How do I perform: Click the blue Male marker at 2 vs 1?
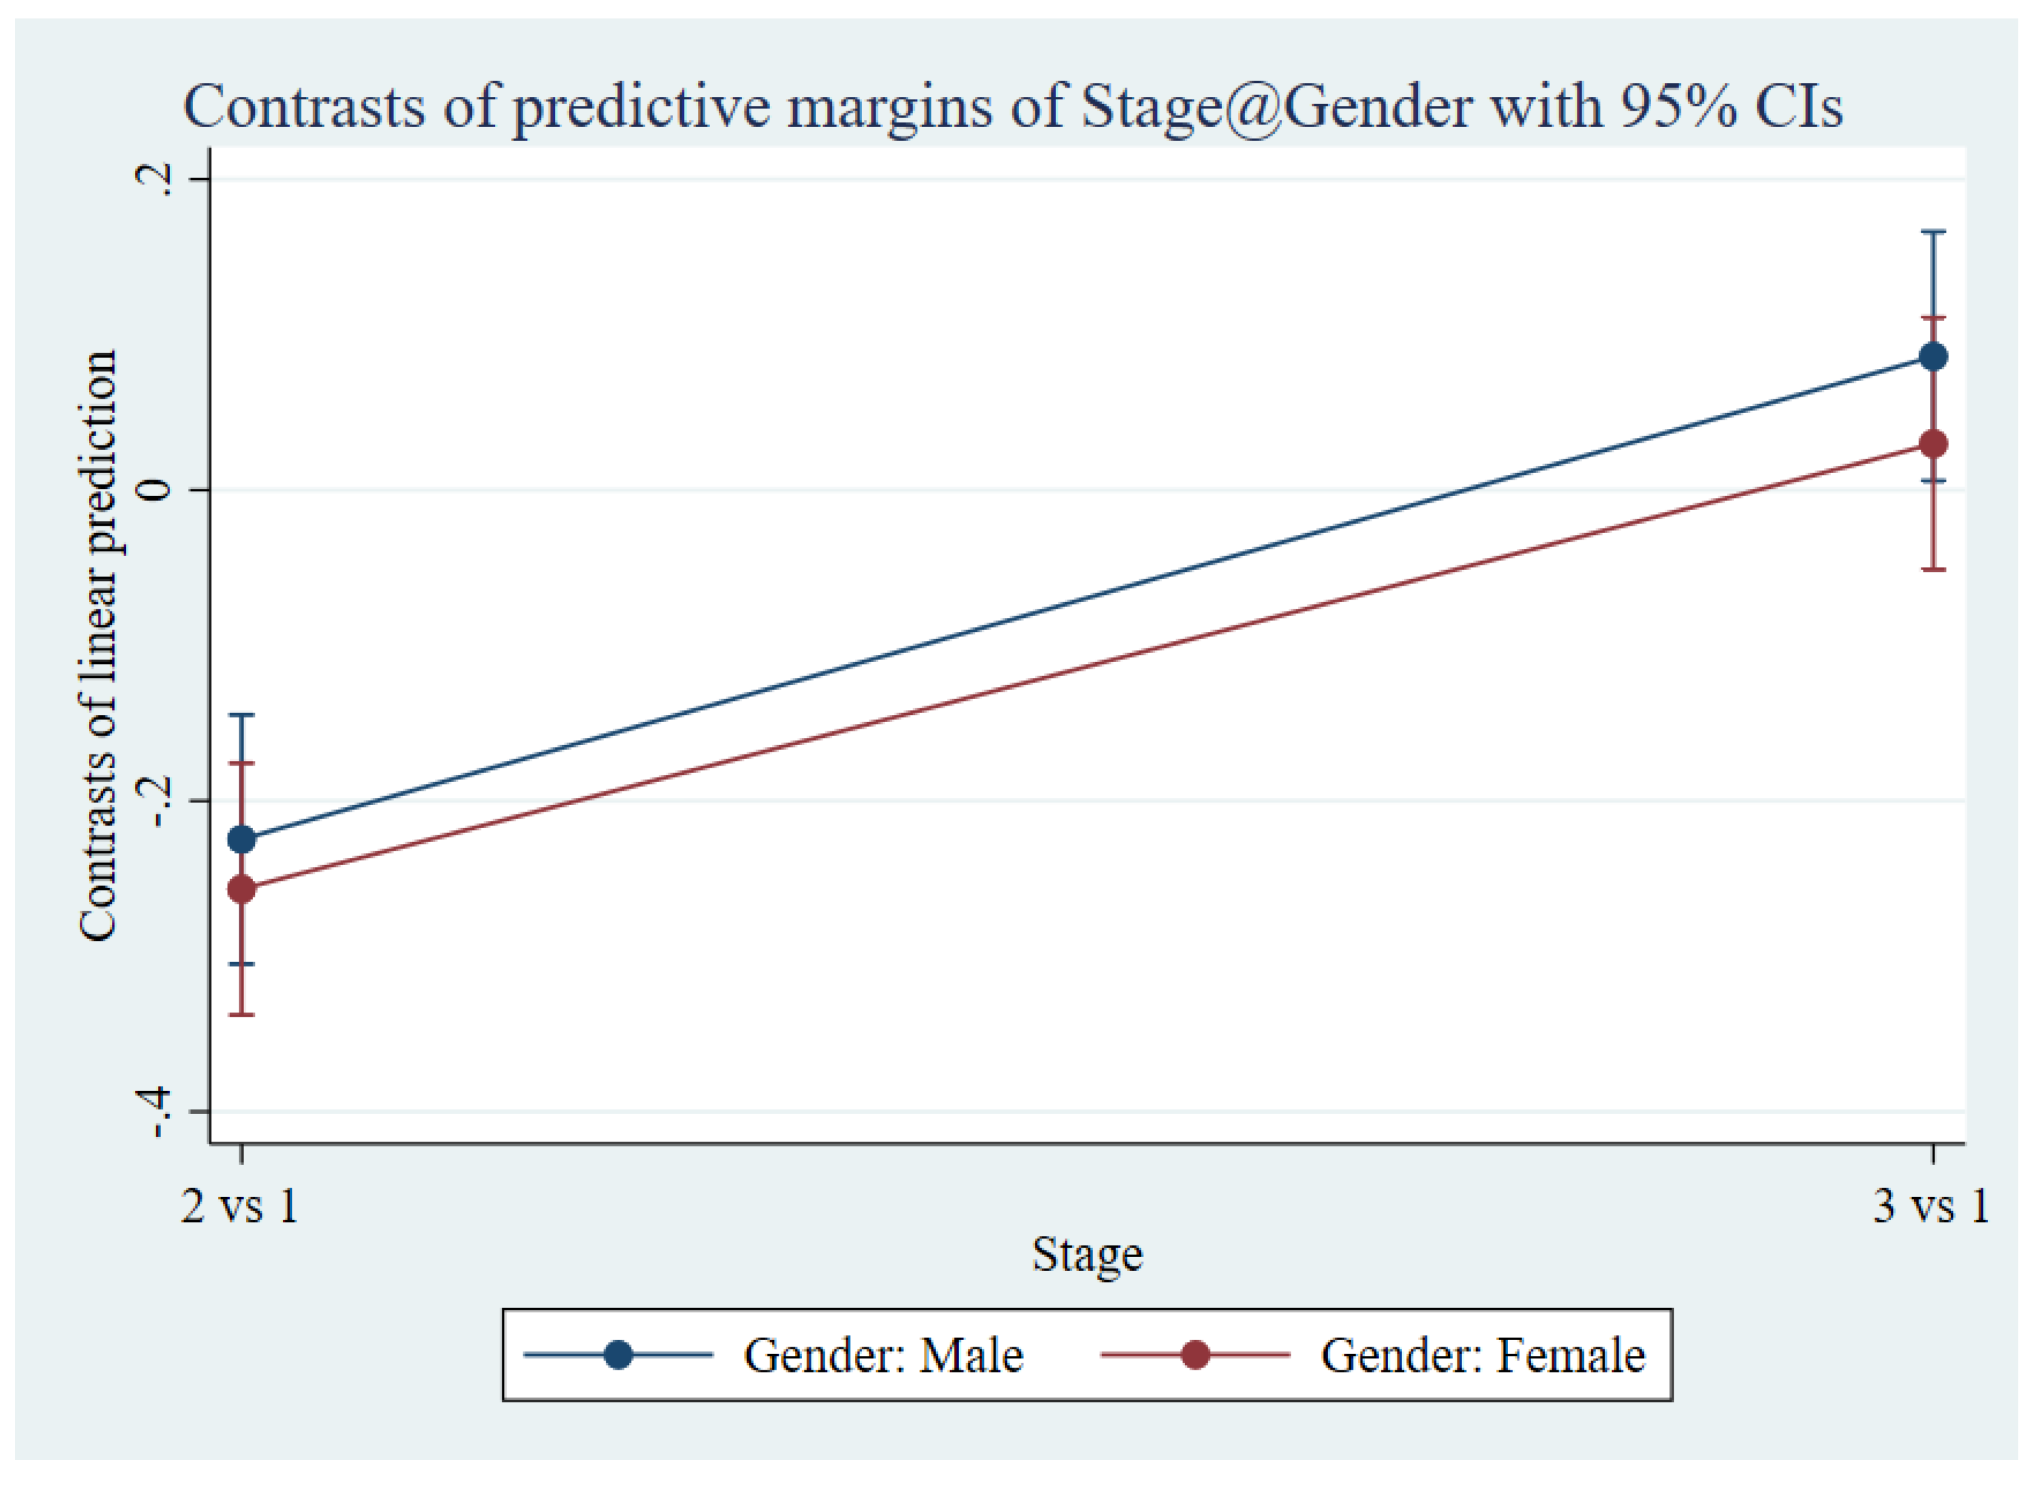coord(242,840)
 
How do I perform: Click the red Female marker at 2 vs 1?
coord(242,889)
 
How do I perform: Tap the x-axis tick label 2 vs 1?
coord(240,1206)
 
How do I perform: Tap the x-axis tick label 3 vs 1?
coord(1931,1206)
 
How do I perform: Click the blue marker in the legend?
coord(618,1355)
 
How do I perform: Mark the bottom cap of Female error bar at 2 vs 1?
coord(242,1015)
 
